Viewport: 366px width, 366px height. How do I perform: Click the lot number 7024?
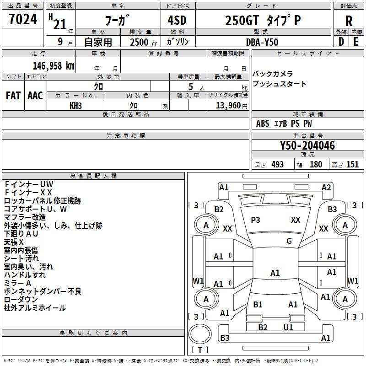(23, 19)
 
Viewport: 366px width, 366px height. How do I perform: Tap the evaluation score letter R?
(349, 21)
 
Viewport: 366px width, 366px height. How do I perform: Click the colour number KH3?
(75, 106)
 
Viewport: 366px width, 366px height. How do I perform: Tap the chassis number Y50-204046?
(307, 145)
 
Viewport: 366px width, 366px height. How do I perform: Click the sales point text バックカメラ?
(273, 74)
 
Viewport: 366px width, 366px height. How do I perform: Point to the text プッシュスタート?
(279, 84)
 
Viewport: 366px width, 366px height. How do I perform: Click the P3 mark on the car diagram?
(255, 220)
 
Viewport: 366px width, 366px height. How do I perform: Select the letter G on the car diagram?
(289, 241)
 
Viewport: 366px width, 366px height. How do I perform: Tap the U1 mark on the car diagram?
(288, 328)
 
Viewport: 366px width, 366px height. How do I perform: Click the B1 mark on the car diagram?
(258, 305)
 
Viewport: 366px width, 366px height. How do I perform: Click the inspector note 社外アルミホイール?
(35, 308)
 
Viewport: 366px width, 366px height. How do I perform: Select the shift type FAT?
(13, 96)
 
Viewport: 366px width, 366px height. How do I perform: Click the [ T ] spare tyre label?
(200, 350)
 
